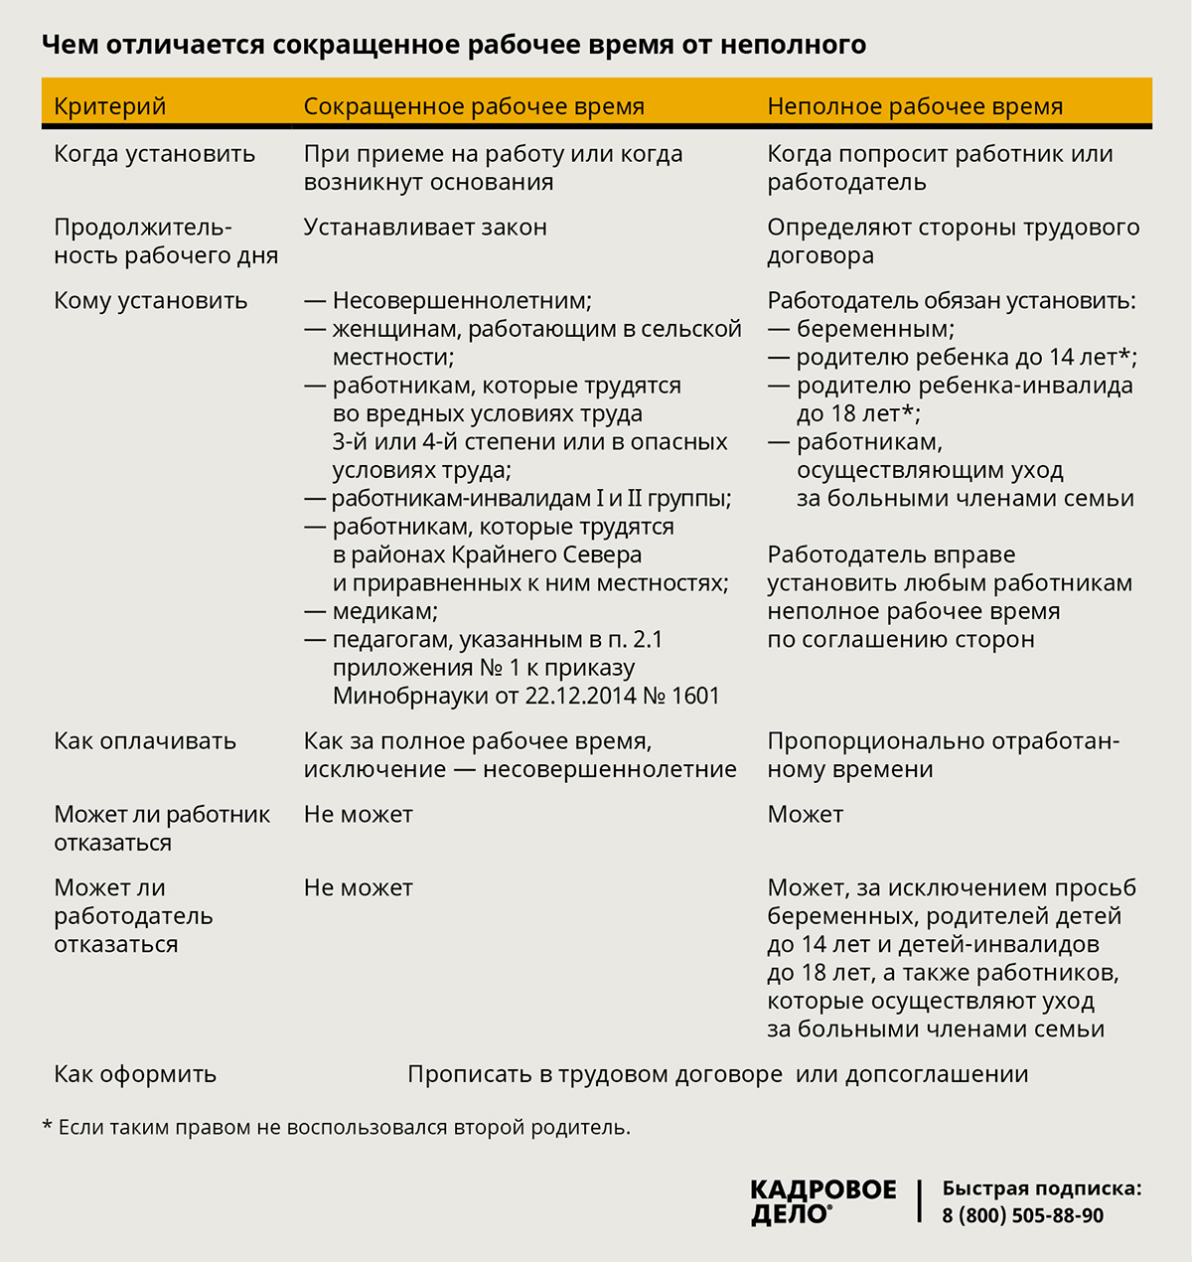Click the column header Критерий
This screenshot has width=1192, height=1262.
coord(109,106)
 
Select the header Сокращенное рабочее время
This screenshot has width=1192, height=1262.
coord(474,106)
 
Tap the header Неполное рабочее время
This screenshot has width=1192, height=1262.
coord(915,106)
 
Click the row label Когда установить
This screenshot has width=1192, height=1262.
coord(154,154)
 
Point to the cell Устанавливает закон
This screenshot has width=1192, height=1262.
coord(425,228)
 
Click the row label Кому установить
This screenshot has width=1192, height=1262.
coord(150,301)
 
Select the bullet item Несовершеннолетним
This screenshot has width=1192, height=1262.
coord(461,301)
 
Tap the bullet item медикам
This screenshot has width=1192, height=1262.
coord(384,611)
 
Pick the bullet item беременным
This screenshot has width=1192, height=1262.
coord(874,329)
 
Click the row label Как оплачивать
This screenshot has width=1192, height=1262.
coord(145,741)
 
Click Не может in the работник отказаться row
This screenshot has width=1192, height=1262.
coord(358,815)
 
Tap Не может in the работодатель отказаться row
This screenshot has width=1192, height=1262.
coord(358,888)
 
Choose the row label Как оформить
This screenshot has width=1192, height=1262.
coord(135,1074)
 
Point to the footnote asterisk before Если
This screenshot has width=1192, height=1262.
coord(47,1126)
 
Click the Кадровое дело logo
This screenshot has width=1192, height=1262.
coord(822,1201)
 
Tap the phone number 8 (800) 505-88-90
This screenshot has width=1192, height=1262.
coord(1022,1215)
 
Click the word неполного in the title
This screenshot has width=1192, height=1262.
coord(793,45)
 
